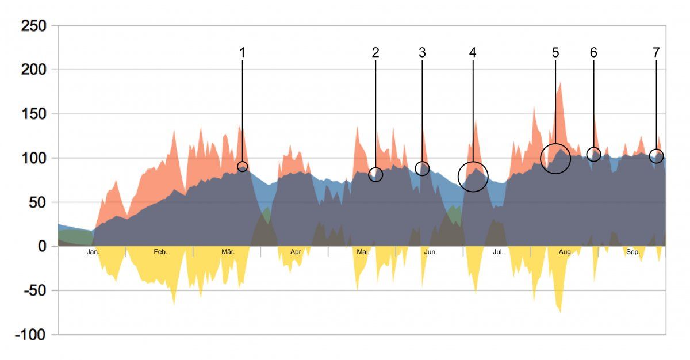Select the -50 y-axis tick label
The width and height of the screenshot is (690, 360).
34,290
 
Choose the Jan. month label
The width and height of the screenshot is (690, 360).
93,252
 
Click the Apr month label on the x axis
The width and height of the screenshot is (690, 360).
296,252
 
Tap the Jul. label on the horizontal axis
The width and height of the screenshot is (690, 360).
498,252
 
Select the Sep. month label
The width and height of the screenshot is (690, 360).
633,252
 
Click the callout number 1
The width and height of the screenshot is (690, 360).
242,52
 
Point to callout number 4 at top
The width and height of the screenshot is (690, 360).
473,52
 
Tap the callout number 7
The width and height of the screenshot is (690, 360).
656,52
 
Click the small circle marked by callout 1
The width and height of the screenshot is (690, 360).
243,166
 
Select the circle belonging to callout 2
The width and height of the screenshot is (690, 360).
375,174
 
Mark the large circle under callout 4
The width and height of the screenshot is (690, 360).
473,176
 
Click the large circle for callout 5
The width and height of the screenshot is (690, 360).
555,158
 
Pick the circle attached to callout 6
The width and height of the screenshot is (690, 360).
594,154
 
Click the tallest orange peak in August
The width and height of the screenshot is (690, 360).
559,83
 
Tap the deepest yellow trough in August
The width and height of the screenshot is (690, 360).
560,312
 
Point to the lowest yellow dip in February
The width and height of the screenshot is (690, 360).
174,303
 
